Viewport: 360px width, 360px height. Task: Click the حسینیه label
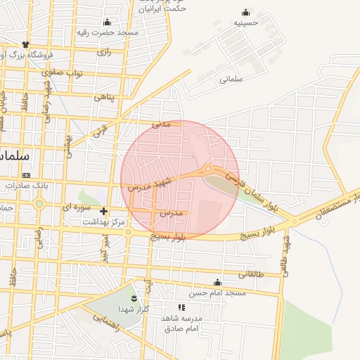point(246,22)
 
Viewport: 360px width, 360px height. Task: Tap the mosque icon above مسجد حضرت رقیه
point(107,22)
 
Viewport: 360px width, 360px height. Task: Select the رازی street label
point(104,52)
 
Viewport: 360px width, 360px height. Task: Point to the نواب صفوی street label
point(63,72)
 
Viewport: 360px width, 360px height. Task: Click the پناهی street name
point(103,97)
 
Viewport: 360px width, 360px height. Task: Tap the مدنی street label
point(162,124)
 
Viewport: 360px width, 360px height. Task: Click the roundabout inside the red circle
point(208,169)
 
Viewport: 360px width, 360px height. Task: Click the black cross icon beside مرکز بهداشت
point(104,211)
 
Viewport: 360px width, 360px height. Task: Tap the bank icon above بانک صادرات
point(27,175)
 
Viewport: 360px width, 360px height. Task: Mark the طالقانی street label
point(251,274)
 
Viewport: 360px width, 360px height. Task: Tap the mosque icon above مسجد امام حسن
point(217,282)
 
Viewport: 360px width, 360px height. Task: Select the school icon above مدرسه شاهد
point(181,307)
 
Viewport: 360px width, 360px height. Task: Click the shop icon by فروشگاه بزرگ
point(25,44)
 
